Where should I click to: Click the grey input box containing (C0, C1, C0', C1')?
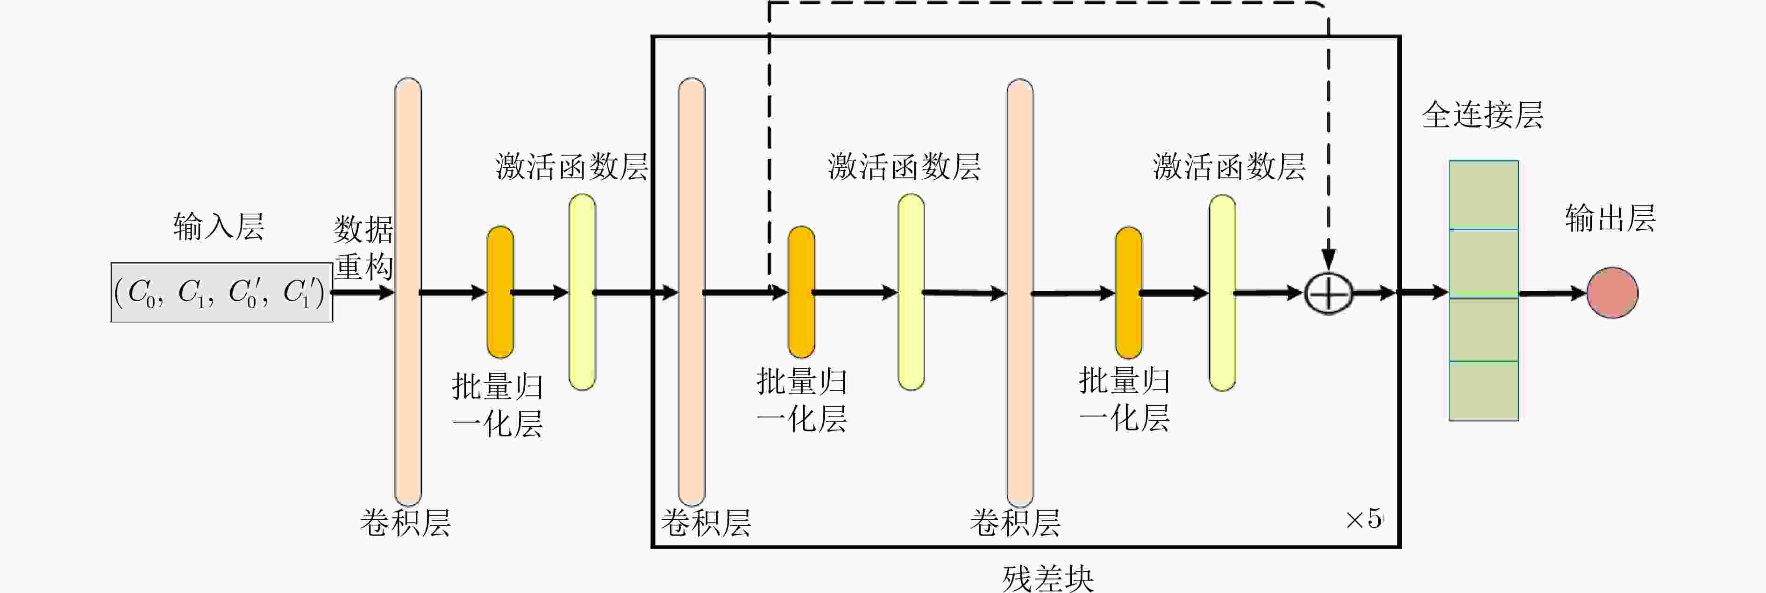tap(222, 292)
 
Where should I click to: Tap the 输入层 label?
tap(219, 226)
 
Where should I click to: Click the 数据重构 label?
tap(363, 247)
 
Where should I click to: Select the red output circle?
tap(1612, 293)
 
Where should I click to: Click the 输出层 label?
tap(1609, 218)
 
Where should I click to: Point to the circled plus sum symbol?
tap(1328, 293)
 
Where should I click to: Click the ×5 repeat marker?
tap(1364, 519)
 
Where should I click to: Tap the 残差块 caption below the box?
tap(1047, 578)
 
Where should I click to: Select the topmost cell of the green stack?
tap(1483, 195)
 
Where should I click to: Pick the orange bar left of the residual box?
tap(500, 292)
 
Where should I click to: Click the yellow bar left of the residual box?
tap(582, 292)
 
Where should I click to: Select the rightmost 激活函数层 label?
tap(1229, 167)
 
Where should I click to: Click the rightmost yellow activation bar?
tap(1222, 293)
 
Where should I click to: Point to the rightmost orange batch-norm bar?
tap(1128, 293)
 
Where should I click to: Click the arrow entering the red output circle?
tap(1553, 293)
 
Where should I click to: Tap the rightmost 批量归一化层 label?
tap(1125, 400)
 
